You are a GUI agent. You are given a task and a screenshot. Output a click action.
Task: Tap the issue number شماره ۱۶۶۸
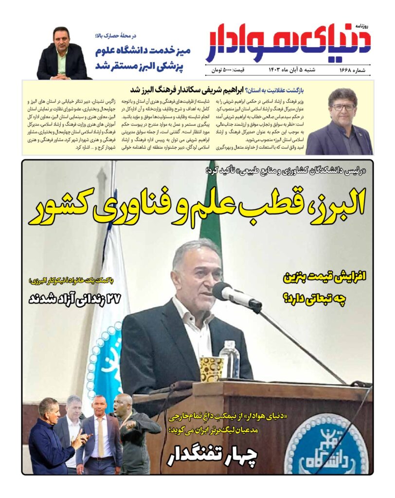pyautogui.click(x=354, y=71)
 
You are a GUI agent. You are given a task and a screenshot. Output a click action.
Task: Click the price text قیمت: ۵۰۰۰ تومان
pyautogui.click(x=229, y=71)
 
